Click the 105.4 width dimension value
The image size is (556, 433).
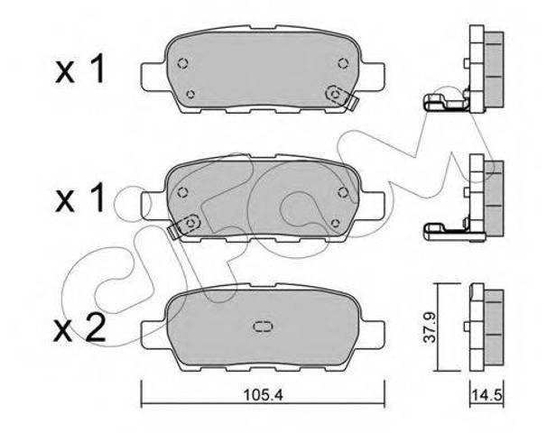tap(263, 394)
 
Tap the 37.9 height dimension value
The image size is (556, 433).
tap(430, 327)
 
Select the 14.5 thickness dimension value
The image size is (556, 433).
tap(487, 394)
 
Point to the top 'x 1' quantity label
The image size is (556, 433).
tap(80, 69)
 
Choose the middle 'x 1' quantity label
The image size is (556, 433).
tap(80, 198)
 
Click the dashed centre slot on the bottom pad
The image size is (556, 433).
tap(263, 327)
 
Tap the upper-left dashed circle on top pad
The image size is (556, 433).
tap(182, 63)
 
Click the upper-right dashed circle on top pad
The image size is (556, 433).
tap(343, 63)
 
